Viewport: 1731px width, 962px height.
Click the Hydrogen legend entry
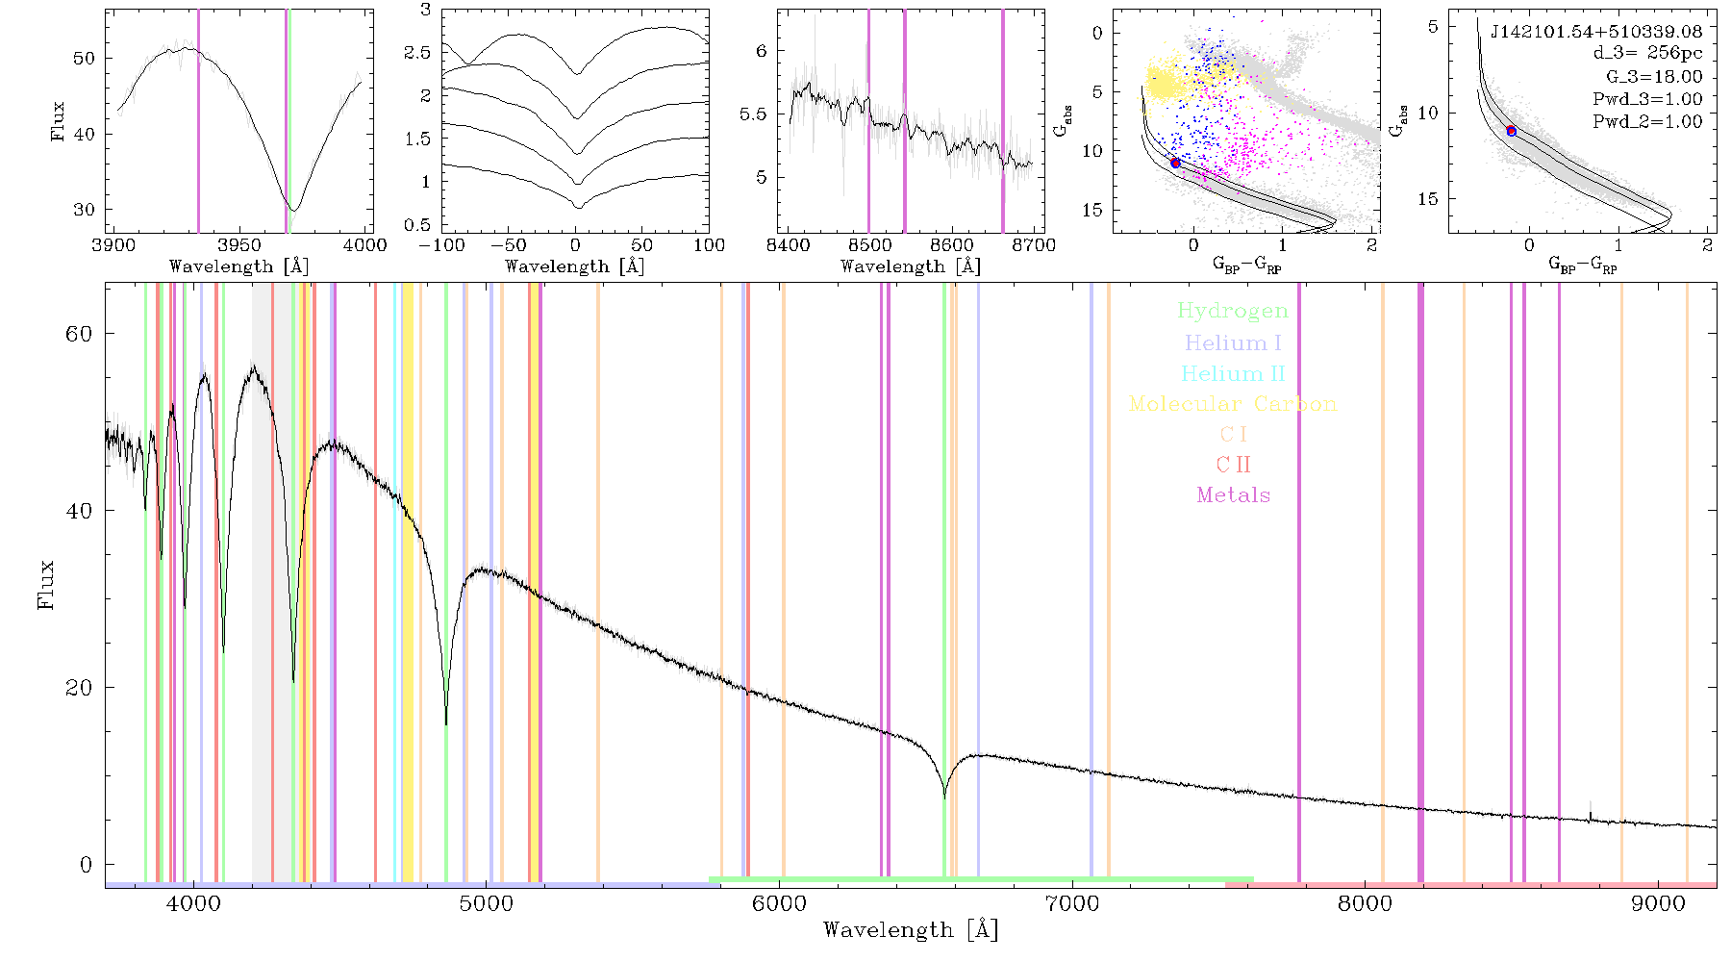pyautogui.click(x=1233, y=311)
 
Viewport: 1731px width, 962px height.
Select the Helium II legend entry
pyautogui.click(x=1233, y=373)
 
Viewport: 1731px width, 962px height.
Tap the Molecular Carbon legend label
pyautogui.click(x=1233, y=404)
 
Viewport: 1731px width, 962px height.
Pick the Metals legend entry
pyautogui.click(x=1234, y=495)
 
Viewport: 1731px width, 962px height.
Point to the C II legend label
pyautogui.click(x=1234, y=465)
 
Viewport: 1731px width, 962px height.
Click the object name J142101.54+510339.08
pyautogui.click(x=1596, y=32)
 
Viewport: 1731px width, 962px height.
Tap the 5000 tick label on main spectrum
pyautogui.click(x=487, y=904)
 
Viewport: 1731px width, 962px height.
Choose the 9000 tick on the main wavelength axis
pyautogui.click(x=1658, y=904)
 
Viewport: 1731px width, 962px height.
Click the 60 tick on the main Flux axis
pyautogui.click(x=79, y=334)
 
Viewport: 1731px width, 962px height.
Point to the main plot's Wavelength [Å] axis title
pyautogui.click(x=911, y=930)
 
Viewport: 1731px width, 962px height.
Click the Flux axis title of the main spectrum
pyautogui.click(x=45, y=585)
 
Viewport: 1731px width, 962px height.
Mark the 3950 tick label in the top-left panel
pyautogui.click(x=238, y=244)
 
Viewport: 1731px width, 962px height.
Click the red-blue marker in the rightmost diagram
pyautogui.click(x=1512, y=131)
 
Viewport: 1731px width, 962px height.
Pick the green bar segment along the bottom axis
pyautogui.click(x=981, y=879)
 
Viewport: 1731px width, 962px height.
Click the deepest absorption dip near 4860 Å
pyautogui.click(x=446, y=723)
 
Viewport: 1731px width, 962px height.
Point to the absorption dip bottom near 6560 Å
pyautogui.click(x=944, y=797)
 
